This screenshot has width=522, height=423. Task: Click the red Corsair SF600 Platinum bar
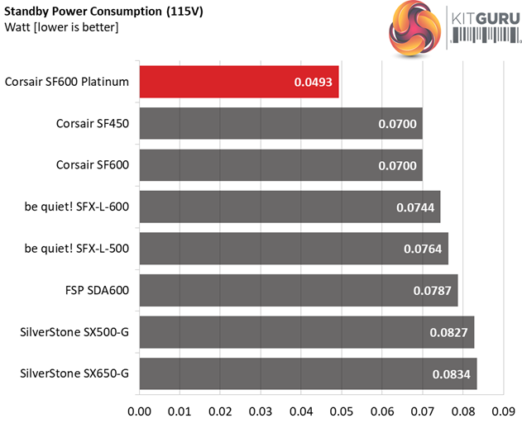click(238, 82)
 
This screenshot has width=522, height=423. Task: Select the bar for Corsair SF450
click(280, 123)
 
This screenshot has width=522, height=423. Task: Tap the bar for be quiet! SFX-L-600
click(290, 207)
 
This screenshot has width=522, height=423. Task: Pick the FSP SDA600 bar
click(298, 290)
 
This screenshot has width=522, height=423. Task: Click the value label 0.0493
click(314, 82)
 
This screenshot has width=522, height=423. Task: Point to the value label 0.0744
click(415, 207)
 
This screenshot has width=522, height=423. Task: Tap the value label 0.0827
click(449, 332)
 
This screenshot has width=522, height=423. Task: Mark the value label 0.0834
click(452, 374)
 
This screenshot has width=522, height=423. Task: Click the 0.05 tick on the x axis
click(342, 409)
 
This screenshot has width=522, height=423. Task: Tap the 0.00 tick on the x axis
click(139, 409)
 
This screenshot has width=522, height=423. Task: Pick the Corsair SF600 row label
click(93, 165)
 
